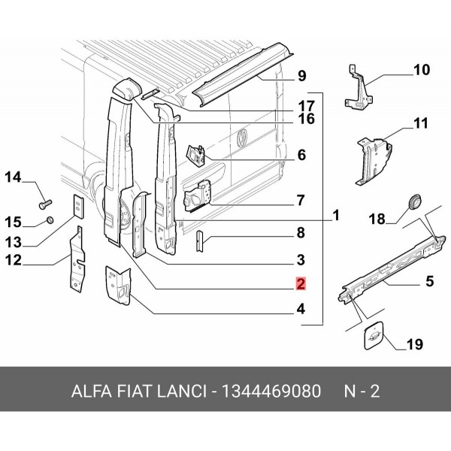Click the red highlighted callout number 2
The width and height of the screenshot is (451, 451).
coord(300,285)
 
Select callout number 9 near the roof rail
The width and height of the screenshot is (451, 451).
coord(301,75)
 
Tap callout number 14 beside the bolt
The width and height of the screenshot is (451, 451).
coord(15,177)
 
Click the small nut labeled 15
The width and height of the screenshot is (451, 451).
coord(49,219)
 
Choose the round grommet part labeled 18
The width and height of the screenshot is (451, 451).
coord(413,201)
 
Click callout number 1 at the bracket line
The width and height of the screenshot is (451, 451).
coord(336,216)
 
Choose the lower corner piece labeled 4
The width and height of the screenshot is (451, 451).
coord(117,285)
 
